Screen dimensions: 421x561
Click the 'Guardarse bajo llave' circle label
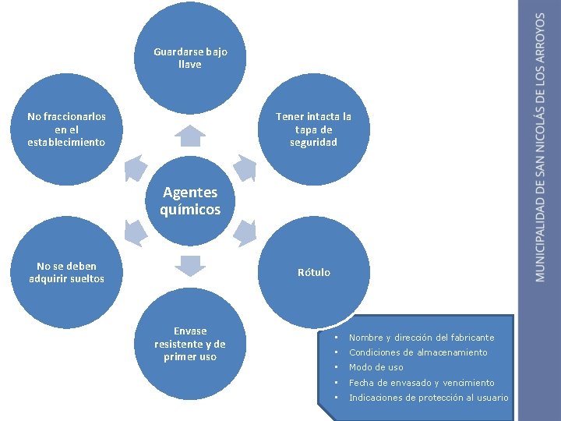click(190, 58)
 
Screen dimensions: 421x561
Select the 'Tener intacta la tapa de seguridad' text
click(313, 129)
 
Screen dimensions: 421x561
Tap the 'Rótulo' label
click(313, 273)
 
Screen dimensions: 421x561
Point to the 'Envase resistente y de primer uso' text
click(190, 344)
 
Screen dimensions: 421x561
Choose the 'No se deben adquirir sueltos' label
click(66, 272)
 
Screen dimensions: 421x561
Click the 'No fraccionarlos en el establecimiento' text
click(66, 129)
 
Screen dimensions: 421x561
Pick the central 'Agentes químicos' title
click(190, 200)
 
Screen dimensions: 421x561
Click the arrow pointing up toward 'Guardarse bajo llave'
click(189, 136)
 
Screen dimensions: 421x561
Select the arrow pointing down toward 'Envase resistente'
click(189, 264)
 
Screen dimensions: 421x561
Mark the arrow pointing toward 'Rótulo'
click(245, 232)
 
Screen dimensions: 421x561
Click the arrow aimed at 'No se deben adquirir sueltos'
click(135, 232)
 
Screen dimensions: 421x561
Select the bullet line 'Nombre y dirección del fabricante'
click(421, 338)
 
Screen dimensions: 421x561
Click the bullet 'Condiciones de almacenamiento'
click(418, 352)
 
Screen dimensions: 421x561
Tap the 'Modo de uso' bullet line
click(376, 367)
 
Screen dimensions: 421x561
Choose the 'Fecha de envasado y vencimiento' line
click(421, 383)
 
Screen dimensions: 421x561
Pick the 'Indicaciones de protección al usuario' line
click(428, 398)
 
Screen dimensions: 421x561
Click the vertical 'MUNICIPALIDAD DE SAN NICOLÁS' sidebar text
click(541, 148)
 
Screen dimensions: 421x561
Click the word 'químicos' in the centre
click(190, 210)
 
